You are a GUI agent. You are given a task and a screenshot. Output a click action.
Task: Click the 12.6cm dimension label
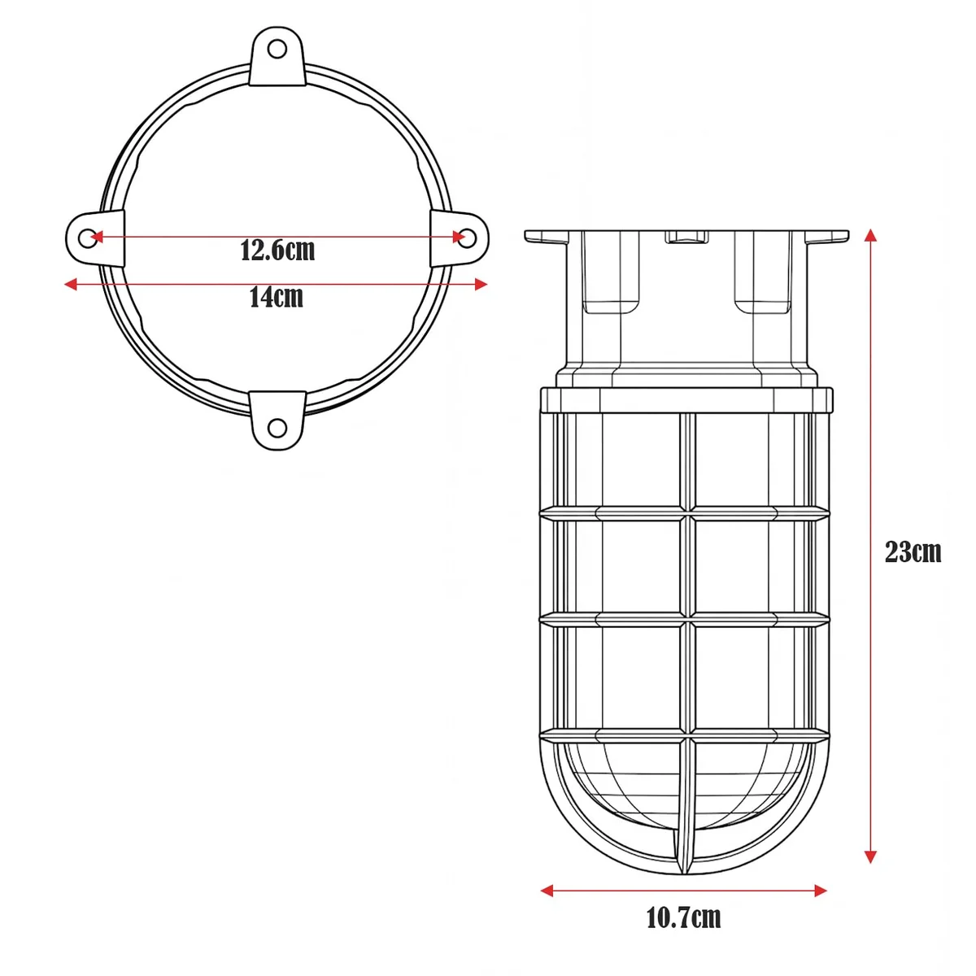click(x=277, y=251)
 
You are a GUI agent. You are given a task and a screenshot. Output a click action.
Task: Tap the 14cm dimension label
click(x=277, y=298)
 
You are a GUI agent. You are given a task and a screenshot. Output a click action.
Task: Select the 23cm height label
click(x=913, y=552)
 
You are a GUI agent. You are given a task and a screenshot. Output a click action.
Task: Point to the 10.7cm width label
click(x=683, y=918)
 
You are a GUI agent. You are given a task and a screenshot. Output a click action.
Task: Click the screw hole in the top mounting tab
click(x=277, y=50)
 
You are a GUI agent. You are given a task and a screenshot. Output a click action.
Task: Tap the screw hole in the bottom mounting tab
click(x=277, y=427)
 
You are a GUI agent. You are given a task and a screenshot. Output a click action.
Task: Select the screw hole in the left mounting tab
click(x=88, y=237)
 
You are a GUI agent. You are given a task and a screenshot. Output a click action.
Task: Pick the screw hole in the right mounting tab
click(x=466, y=237)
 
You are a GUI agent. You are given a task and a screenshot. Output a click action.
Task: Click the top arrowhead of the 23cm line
click(x=870, y=236)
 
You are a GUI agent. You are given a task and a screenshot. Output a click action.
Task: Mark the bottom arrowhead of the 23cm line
click(x=870, y=856)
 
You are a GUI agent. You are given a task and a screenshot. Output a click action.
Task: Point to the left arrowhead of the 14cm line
click(x=71, y=284)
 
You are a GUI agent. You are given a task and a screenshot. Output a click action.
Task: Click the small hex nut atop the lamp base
click(x=686, y=237)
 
